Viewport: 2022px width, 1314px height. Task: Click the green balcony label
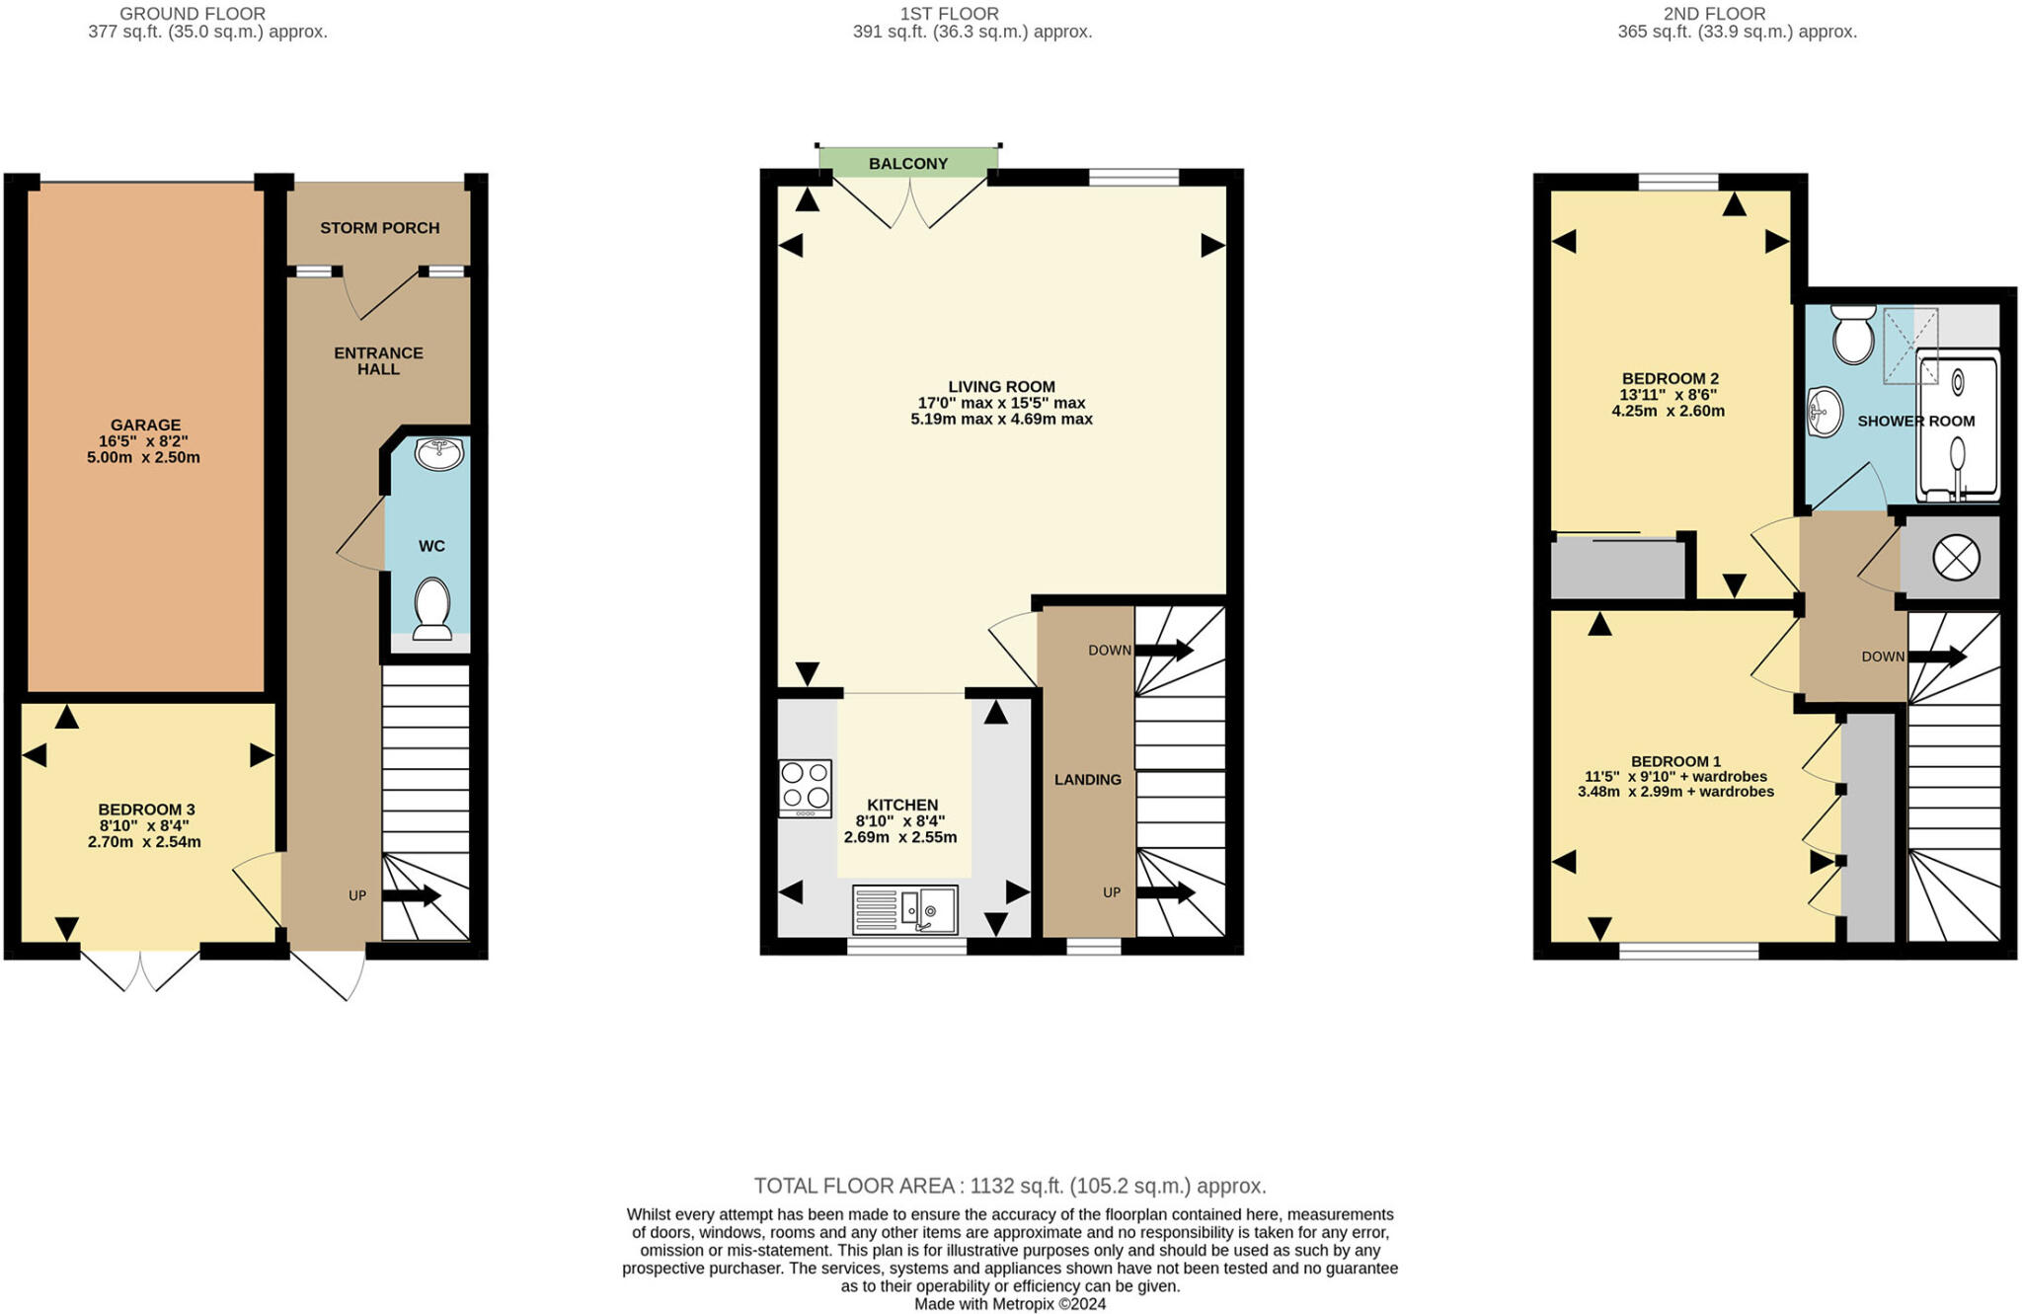point(907,163)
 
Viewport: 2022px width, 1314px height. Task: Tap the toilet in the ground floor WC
point(432,607)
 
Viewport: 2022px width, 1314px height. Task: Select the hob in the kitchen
point(805,787)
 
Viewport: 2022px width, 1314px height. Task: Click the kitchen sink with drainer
point(904,909)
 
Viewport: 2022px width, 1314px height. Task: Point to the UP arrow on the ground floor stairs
point(411,895)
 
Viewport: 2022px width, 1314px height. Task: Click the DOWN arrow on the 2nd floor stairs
point(1937,656)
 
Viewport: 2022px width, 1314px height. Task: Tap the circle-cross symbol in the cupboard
point(1955,558)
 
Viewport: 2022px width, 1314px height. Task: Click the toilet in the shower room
point(1852,334)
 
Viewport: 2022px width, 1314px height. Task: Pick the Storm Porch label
point(379,227)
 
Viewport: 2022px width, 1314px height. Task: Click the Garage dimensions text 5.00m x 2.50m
point(143,457)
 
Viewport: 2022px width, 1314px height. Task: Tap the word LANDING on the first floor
point(1087,779)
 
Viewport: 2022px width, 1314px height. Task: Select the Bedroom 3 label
point(146,810)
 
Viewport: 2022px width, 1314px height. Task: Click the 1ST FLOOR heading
point(949,14)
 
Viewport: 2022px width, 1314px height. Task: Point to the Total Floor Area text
point(1009,1186)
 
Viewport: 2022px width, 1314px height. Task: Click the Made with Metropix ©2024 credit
point(1009,1303)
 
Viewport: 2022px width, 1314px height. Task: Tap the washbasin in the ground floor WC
point(438,454)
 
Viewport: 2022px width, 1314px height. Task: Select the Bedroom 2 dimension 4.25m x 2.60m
point(1668,411)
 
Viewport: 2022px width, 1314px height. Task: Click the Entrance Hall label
point(378,360)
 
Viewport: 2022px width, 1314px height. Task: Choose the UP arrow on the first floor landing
point(1165,892)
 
